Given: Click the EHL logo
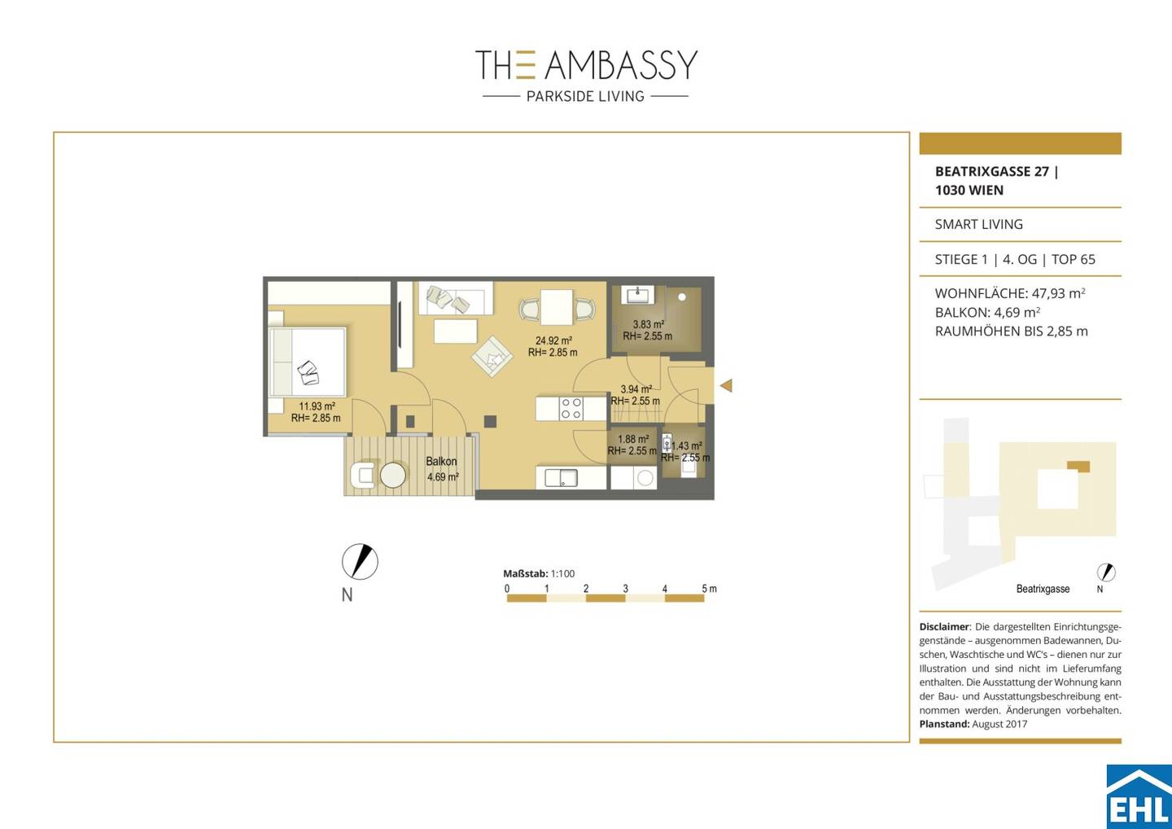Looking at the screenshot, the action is [1139, 796].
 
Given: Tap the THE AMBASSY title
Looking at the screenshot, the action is [586, 65].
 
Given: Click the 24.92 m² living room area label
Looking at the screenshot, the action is [553, 340].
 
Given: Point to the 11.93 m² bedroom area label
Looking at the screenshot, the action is [317, 406].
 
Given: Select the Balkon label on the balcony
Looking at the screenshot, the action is [441, 462].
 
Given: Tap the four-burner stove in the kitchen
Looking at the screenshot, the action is [571, 408].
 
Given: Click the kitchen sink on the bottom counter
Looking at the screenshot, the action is [561, 477].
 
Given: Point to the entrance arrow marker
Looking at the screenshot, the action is [726, 386].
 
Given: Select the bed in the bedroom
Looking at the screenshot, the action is [307, 362].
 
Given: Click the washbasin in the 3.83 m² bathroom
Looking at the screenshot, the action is [636, 295].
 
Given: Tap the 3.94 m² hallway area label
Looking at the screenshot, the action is [636, 389].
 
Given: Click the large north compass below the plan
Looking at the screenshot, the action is [360, 562].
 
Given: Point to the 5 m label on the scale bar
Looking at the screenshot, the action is [709, 588].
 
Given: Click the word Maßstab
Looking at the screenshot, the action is [525, 573].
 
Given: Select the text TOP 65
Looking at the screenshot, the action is [1073, 259].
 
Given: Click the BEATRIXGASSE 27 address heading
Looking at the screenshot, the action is [992, 172].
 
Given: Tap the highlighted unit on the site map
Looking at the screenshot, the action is [1079, 467].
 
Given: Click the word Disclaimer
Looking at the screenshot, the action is [944, 626].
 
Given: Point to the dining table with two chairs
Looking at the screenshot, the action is [557, 308].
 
